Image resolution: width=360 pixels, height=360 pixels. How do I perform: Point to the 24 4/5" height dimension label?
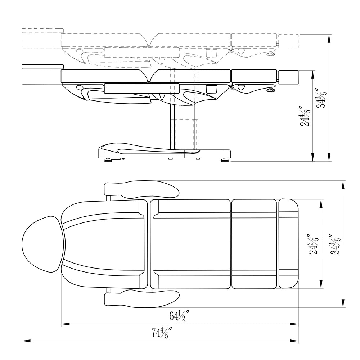click(306, 116)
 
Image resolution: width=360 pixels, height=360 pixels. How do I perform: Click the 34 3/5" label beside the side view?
click(321, 98)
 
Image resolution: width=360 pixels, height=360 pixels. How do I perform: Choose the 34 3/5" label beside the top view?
click(335, 244)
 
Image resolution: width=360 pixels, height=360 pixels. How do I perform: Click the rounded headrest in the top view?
click(42, 244)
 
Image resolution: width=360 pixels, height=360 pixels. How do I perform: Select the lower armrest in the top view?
click(141, 298)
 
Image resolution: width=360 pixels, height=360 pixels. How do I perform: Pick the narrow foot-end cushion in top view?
click(289, 244)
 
